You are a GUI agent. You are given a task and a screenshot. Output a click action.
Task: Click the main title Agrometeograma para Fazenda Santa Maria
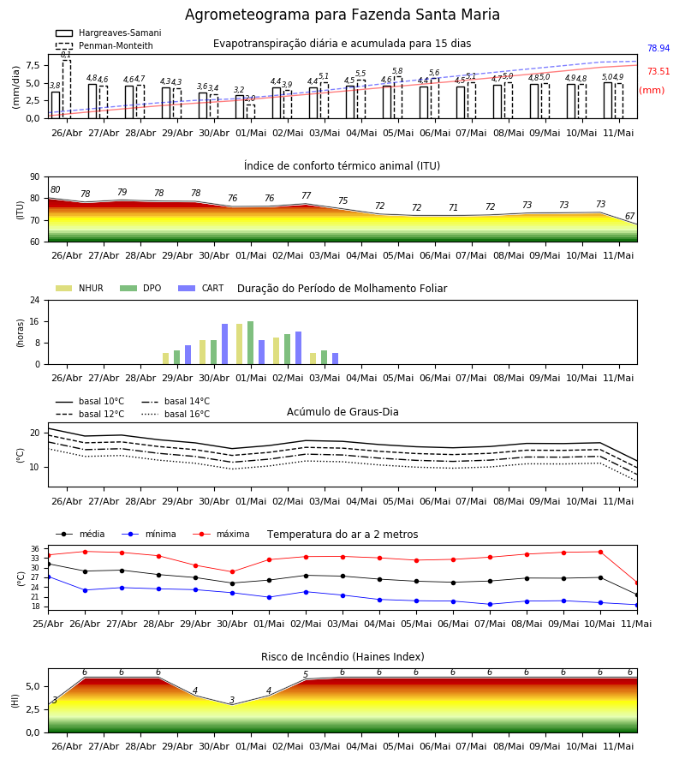tap(342, 15)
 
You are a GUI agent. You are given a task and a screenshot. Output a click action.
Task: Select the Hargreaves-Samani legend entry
tap(109, 33)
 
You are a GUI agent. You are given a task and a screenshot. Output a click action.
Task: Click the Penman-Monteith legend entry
tap(104, 45)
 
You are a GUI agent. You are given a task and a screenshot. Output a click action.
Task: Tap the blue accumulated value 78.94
tap(658, 48)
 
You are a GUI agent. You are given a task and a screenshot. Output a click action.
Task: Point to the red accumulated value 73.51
tap(658, 71)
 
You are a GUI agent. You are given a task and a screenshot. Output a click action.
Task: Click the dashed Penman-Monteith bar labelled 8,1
tap(66, 89)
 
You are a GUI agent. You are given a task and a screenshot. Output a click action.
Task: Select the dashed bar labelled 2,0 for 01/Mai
tap(251, 111)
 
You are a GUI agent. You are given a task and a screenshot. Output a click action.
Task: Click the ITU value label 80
tap(55, 189)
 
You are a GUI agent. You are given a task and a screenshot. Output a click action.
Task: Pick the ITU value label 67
tap(629, 216)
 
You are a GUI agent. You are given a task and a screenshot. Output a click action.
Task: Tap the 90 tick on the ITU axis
tap(35, 177)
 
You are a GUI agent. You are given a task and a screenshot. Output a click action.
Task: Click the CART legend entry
tap(201, 288)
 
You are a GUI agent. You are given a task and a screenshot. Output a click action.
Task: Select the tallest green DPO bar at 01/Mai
tap(251, 343)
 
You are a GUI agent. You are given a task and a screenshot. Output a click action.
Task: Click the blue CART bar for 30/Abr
tap(224, 344)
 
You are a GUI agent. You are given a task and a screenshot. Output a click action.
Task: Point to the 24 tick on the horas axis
tap(35, 300)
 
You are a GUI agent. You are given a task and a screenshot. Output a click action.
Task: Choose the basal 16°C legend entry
tap(176, 414)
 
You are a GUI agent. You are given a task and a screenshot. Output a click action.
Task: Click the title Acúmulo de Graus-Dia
tap(342, 411)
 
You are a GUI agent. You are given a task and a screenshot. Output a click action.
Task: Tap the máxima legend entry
tap(221, 534)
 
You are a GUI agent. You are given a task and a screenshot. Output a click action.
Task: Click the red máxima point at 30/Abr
tap(232, 572)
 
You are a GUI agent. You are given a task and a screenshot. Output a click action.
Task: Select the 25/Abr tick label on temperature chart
tap(48, 624)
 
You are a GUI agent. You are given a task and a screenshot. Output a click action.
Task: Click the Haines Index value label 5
tap(306, 674)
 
